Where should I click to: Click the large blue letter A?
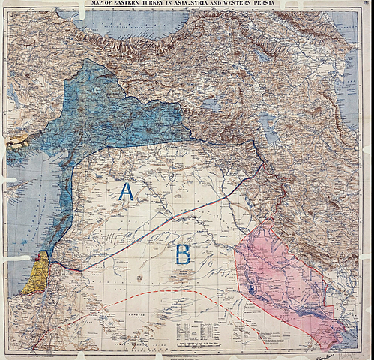point(127,192)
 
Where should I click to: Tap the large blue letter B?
point(182,254)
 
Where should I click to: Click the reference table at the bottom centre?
point(191,330)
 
